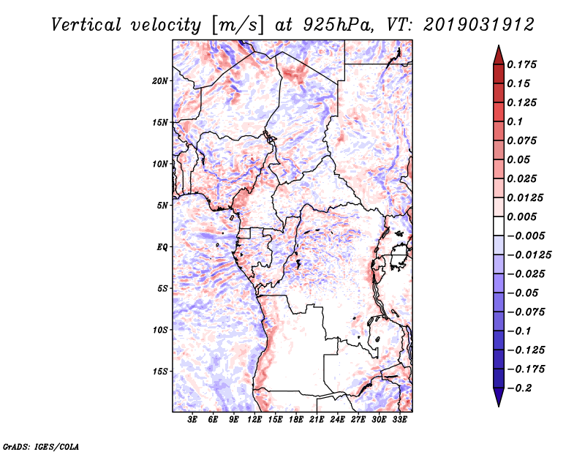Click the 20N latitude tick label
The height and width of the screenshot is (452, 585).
(159, 81)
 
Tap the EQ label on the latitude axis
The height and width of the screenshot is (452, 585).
(162, 247)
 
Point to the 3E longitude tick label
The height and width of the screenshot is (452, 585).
(192, 420)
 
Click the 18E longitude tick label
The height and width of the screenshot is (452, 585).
(296, 420)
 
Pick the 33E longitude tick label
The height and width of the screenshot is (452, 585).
(399, 420)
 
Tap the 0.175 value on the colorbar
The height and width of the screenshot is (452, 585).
(521, 64)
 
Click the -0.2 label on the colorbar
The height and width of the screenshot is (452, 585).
(519, 388)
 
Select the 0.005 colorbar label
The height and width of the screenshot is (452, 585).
(521, 216)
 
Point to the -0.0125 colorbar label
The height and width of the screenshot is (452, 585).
(529, 255)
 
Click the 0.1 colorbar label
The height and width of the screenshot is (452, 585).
(515, 121)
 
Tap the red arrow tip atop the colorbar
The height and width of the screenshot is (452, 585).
(499, 46)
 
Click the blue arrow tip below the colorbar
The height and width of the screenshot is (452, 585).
(499, 405)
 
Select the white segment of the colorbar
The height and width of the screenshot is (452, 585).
(499, 226)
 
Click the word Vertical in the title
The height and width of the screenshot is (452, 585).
(86, 25)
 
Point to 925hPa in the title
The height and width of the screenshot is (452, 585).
(338, 25)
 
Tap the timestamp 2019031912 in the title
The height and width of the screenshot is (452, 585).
(479, 25)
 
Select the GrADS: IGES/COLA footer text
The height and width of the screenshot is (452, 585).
(41, 446)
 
